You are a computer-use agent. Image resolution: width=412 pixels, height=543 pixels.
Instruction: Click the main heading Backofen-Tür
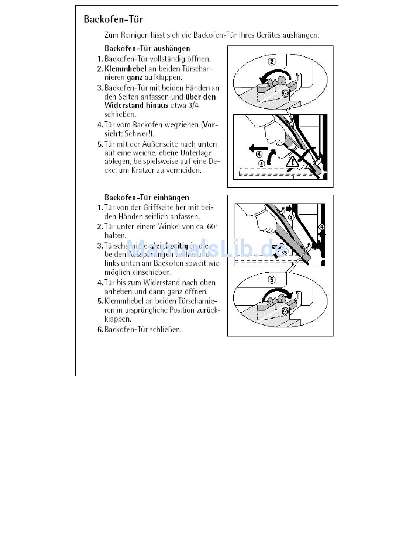pos(113,19)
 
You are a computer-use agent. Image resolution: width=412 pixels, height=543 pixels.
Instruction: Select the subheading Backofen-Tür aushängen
pos(147,48)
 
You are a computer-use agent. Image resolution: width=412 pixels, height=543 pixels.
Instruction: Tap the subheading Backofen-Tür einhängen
pos(147,197)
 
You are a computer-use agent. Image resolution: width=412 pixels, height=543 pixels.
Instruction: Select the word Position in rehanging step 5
pos(185,310)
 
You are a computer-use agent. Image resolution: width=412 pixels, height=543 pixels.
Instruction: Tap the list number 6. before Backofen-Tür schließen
pos(100,330)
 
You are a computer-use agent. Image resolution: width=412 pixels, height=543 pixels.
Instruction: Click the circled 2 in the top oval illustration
pos(271,61)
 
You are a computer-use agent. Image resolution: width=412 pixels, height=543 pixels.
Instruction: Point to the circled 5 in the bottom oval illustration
pos(271,280)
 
